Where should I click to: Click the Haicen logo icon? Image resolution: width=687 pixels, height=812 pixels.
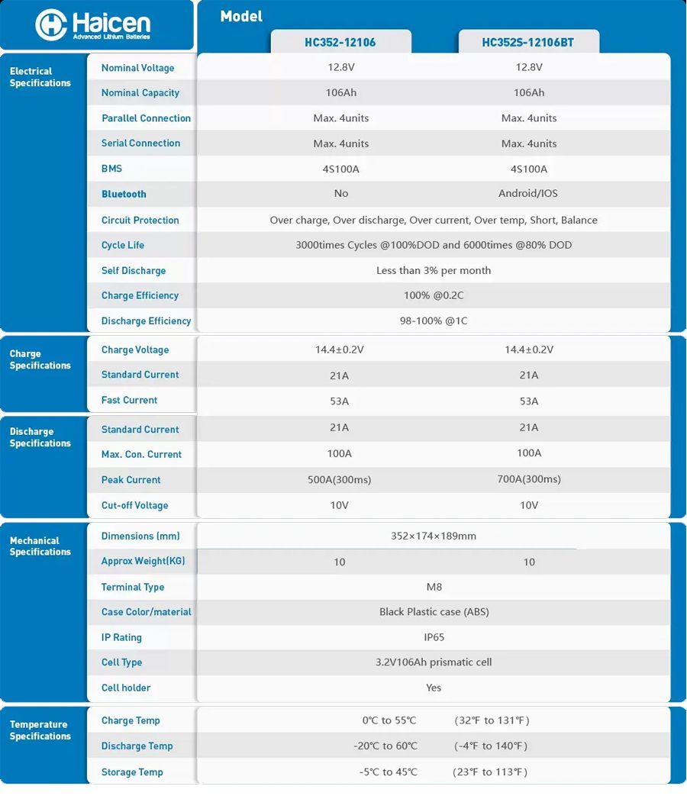coord(52,25)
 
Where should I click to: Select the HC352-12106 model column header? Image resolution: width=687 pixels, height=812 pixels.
coord(340,43)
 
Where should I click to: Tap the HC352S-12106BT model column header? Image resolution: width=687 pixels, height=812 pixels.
coord(528,43)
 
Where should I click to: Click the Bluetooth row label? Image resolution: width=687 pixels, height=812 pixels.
coord(124,194)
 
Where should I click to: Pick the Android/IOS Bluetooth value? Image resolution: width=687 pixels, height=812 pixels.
coord(528,194)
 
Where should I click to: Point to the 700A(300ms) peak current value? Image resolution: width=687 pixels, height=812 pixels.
coord(528,479)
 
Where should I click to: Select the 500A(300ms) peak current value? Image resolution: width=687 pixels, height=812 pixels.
coord(340,480)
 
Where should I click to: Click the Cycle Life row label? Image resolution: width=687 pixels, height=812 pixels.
coord(123,245)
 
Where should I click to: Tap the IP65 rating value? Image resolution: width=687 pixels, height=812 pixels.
coord(434,637)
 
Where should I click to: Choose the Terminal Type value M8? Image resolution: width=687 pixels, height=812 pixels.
coord(434,587)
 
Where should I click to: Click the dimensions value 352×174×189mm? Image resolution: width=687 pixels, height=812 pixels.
coord(434,536)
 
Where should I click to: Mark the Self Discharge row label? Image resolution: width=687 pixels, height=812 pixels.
coord(134,270)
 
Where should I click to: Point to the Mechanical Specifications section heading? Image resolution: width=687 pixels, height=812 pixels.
coord(40,546)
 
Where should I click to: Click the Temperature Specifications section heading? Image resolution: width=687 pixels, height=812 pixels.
coord(40,730)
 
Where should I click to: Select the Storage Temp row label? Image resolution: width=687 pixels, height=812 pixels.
coord(132,772)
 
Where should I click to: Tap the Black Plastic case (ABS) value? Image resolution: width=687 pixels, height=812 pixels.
coord(434,612)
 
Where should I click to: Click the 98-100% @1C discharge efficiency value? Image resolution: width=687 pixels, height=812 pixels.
coord(434,321)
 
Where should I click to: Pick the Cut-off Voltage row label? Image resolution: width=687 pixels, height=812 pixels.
coord(134,505)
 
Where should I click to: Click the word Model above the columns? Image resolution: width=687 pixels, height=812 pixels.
coord(241,16)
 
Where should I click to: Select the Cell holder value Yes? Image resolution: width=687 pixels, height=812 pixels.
coord(434,688)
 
